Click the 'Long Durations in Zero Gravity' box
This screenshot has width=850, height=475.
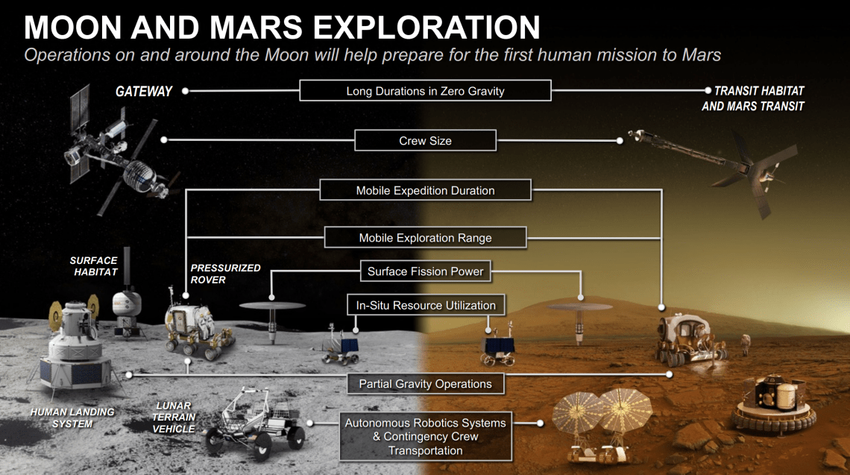pos(425,91)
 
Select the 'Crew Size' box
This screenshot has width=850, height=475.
pos(425,140)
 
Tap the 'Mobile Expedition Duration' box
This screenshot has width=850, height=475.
pos(425,190)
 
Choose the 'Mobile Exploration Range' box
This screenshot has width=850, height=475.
pos(425,238)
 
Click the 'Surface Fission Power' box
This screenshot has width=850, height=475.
pos(425,271)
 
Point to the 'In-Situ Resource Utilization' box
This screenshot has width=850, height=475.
pos(425,305)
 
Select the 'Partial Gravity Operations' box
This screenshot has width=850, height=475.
pos(425,384)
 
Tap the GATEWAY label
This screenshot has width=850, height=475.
pos(144,92)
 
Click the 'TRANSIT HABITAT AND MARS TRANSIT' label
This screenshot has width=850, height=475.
pos(753,98)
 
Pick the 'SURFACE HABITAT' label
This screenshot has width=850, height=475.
pos(94,266)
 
